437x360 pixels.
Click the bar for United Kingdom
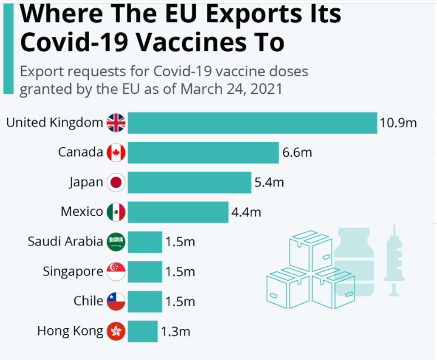252,123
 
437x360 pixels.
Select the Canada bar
203,152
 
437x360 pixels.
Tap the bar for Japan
189,182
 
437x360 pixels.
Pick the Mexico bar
177,212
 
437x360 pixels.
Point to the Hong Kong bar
142,331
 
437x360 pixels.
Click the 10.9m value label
398,123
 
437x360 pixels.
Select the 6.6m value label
297,152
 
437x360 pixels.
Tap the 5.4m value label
269,182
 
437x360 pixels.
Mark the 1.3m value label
176,331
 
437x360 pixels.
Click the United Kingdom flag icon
116,123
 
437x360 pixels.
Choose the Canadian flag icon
116,152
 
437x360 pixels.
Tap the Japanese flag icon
116,182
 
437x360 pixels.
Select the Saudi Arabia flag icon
116,242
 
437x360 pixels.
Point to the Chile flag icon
116,301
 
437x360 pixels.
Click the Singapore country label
73,271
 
